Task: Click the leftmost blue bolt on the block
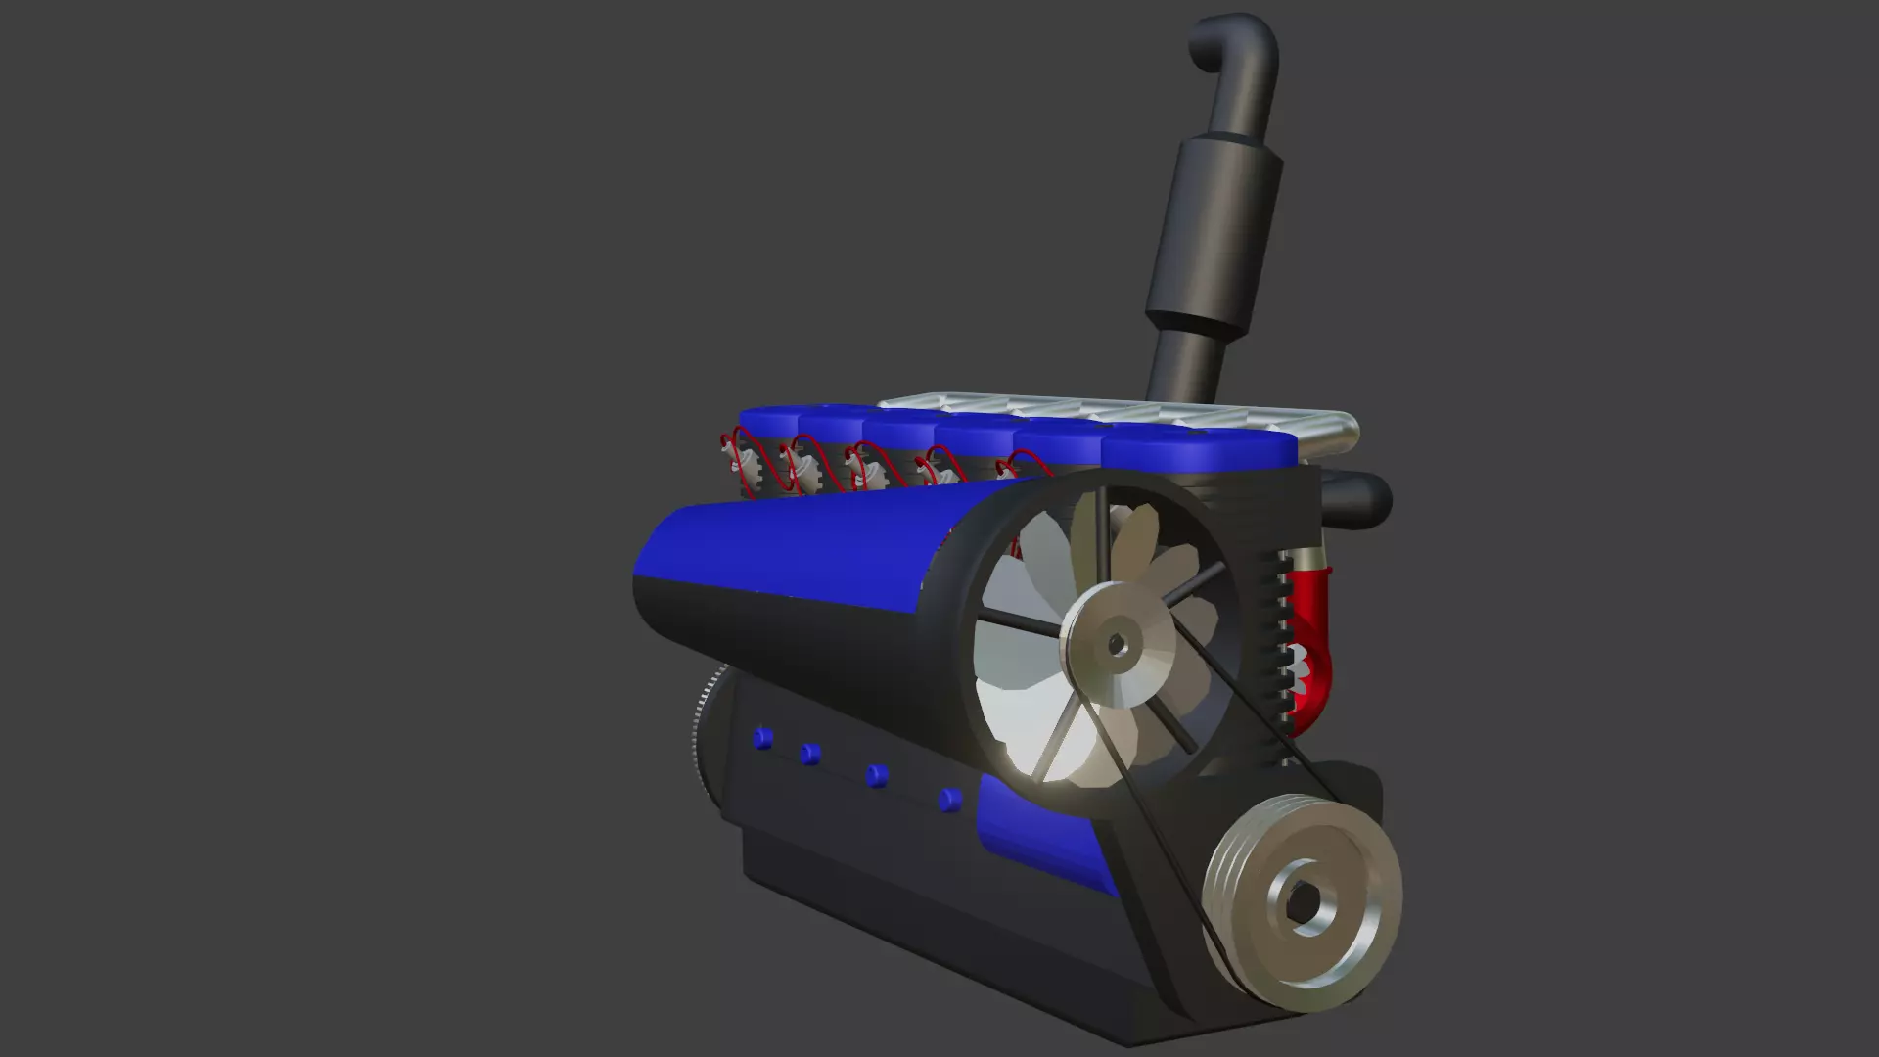[x=762, y=738]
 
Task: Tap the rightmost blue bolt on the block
[x=949, y=801]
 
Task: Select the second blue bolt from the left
[x=809, y=754]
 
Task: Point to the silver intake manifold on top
[x=1077, y=411]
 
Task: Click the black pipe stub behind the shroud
[x=1360, y=499]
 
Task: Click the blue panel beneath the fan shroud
[x=1037, y=832]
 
